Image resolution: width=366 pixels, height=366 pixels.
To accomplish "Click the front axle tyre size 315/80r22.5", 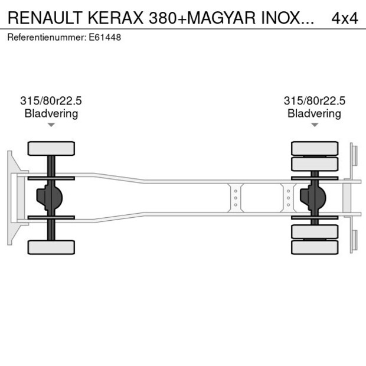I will pos(51,101).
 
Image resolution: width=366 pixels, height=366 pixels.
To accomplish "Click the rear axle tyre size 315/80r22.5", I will pos(314,101).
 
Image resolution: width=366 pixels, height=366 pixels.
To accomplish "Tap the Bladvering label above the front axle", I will pos(51,113).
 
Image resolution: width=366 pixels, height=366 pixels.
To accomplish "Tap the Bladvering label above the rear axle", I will pos(314,113).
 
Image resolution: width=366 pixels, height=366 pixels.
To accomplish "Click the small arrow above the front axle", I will pos(51,125).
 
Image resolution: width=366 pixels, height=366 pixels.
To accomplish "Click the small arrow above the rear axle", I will pos(315,125).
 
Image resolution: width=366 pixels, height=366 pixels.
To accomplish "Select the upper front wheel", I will pos(51,148).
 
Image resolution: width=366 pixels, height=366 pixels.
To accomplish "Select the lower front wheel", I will pos(51,247).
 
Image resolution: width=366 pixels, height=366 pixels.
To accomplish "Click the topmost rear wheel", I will pos(315,148).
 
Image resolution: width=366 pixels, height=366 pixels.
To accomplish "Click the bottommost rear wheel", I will pos(315,247).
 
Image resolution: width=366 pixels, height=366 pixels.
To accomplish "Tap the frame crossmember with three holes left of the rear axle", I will pos(236,198).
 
